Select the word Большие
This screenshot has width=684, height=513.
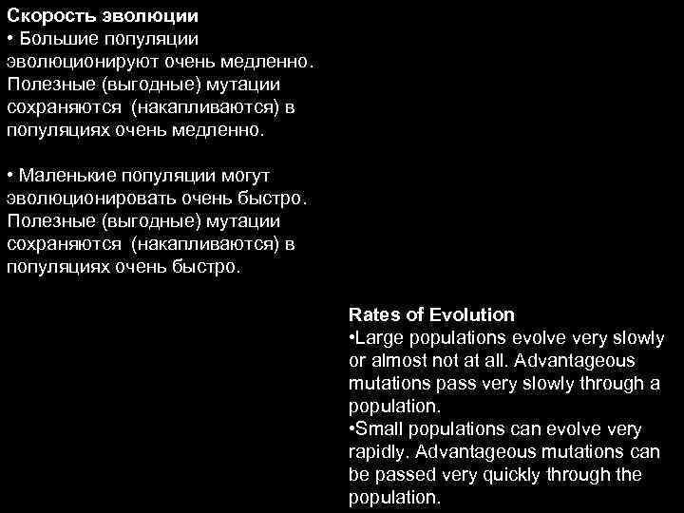point(55,40)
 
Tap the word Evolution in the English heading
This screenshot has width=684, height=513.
point(471,314)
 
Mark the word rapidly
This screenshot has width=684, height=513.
point(375,451)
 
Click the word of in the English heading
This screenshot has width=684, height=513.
point(414,314)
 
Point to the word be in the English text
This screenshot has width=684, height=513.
point(359,474)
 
